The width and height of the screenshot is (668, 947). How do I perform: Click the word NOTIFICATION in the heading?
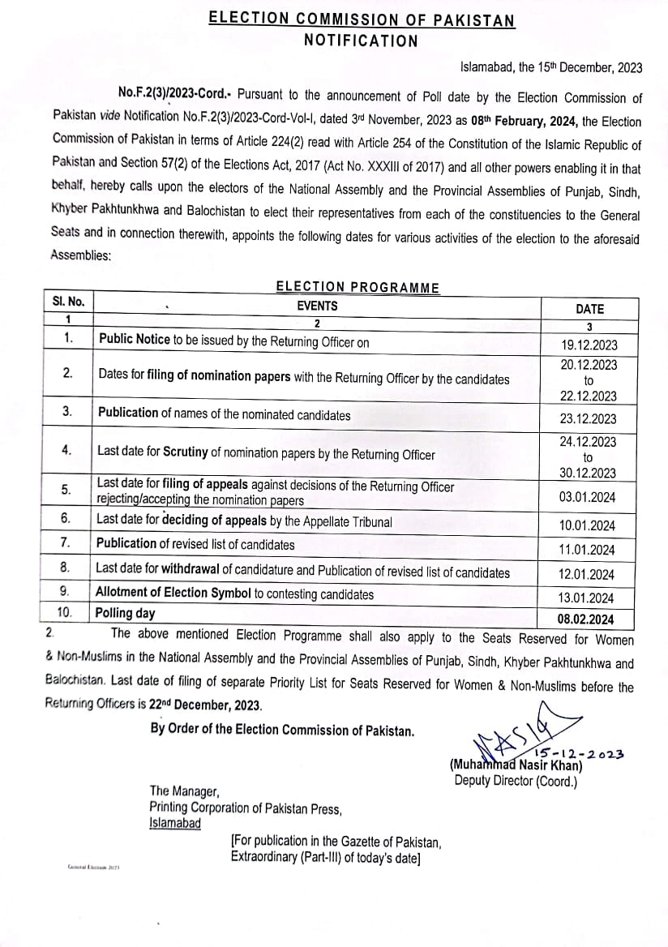pyautogui.click(x=361, y=41)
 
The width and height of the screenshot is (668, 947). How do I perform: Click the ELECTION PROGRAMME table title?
pyautogui.click(x=358, y=287)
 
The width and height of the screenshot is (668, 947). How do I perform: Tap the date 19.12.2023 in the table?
pyautogui.click(x=589, y=345)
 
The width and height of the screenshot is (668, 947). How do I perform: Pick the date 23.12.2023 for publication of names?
pyautogui.click(x=589, y=418)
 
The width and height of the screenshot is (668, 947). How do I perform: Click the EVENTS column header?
pyautogui.click(x=317, y=306)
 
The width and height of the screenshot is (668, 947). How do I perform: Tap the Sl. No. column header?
pyautogui.click(x=69, y=301)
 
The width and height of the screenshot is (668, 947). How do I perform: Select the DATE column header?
pyautogui.click(x=589, y=309)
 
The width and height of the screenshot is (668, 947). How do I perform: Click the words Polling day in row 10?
pyautogui.click(x=125, y=613)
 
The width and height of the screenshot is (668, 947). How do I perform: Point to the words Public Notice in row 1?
pyautogui.click(x=134, y=341)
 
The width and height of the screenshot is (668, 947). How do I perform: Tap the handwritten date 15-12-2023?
pyautogui.click(x=578, y=754)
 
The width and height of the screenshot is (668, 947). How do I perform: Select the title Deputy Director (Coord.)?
pyautogui.click(x=516, y=781)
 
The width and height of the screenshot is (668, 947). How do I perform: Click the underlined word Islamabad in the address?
pyautogui.click(x=175, y=822)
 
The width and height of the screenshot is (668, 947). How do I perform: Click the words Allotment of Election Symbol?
pyautogui.click(x=173, y=593)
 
